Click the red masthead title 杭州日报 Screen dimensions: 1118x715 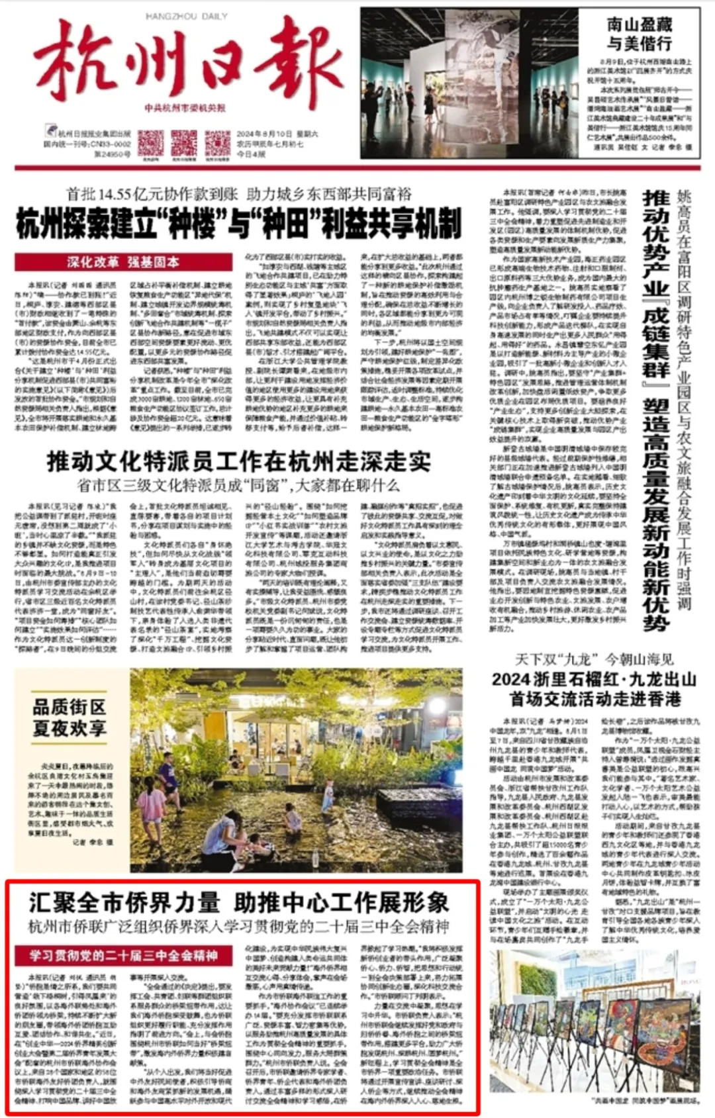[189, 63]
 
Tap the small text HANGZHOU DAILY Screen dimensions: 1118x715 [186, 17]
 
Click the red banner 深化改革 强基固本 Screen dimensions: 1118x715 [123, 262]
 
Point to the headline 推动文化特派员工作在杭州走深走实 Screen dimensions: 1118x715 [238, 461]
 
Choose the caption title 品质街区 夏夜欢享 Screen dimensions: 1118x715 [70, 718]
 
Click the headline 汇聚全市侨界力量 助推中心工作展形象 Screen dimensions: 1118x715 [238, 903]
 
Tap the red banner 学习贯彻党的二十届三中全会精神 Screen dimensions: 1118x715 [123, 956]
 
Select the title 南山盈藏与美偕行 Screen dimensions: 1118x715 [639, 34]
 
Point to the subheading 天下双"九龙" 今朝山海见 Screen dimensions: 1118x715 [594, 659]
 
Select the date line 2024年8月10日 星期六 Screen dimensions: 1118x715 [277, 134]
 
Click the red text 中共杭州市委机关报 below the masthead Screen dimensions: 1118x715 [185, 108]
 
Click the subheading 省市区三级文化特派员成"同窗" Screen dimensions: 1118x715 [238, 485]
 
